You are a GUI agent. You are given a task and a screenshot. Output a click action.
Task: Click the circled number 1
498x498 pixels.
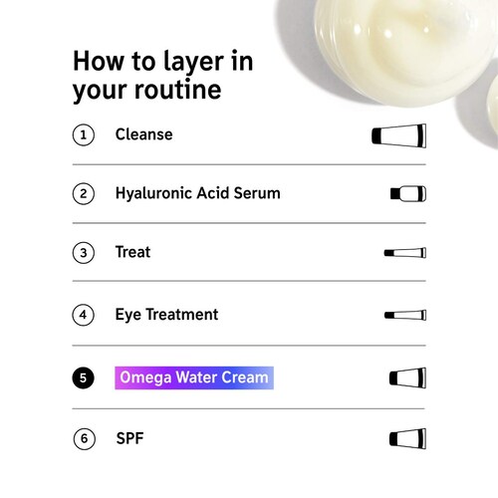tap(84, 134)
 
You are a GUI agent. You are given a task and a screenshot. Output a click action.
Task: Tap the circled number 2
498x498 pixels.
tap(84, 193)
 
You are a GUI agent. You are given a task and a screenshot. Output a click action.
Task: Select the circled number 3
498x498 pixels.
tap(84, 253)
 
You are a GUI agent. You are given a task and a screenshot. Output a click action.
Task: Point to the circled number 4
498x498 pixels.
tap(83, 315)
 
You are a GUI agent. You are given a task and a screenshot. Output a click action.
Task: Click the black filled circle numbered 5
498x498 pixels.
tap(83, 377)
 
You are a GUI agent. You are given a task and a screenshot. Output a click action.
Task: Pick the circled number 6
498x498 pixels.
tap(85, 438)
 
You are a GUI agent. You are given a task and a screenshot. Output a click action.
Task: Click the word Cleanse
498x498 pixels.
tap(144, 134)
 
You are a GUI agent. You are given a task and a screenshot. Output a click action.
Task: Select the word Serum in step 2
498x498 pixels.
tap(257, 193)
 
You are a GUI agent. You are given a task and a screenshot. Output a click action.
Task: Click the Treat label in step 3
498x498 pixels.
tap(132, 252)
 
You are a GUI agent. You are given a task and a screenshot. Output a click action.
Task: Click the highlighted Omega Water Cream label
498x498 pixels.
tap(194, 377)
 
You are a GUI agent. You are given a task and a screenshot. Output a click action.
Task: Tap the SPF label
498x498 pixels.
tap(129, 438)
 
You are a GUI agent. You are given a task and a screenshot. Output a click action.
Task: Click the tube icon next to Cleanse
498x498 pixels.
tap(399, 135)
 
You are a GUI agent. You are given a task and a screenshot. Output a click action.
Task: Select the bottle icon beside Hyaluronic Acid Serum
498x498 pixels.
tap(408, 193)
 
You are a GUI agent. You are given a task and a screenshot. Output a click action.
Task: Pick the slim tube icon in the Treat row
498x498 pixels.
tap(405, 253)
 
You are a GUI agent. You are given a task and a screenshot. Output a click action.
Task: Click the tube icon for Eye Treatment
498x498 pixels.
tap(405, 315)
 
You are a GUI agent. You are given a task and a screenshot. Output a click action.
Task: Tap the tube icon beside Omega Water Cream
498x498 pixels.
tap(407, 377)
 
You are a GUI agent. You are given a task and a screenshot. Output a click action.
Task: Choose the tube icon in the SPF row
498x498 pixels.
tap(407, 439)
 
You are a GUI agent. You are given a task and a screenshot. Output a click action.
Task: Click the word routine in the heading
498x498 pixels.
tap(178, 90)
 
